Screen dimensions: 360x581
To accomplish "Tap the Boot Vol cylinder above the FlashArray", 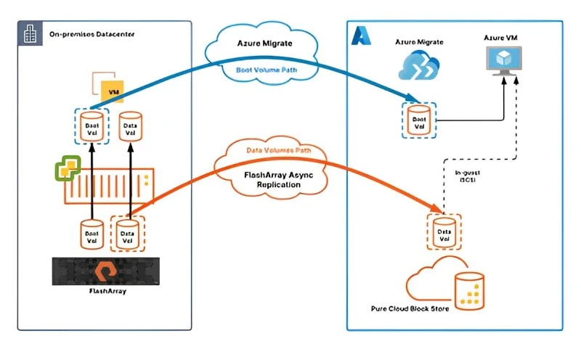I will tap(92, 234).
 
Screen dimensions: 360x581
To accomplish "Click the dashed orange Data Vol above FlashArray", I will tap(128, 234).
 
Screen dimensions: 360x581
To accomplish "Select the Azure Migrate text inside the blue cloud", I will tap(265, 44).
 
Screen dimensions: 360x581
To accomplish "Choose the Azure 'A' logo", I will tap(361, 37).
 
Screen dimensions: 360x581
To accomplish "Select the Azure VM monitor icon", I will tap(503, 61).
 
